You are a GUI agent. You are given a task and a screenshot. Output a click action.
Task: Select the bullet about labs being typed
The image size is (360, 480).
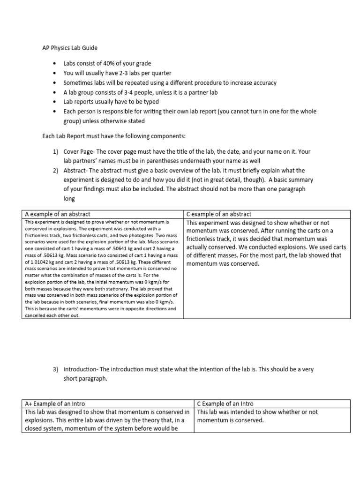[x=111, y=102]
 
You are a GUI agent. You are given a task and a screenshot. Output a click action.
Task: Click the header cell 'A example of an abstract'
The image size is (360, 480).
[x=58, y=214]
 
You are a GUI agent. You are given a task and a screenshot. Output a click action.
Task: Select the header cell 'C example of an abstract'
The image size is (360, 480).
[x=219, y=214]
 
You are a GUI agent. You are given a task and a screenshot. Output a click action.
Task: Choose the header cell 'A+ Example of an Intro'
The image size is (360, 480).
[x=55, y=404]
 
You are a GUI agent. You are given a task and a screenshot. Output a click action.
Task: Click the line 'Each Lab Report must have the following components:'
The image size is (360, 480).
[x=114, y=136]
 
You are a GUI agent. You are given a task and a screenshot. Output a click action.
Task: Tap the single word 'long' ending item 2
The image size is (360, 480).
[x=69, y=199]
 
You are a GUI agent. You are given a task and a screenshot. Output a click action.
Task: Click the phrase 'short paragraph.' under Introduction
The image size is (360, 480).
[x=85, y=379]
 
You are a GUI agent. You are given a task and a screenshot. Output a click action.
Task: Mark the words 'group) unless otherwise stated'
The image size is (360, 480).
[x=104, y=121]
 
